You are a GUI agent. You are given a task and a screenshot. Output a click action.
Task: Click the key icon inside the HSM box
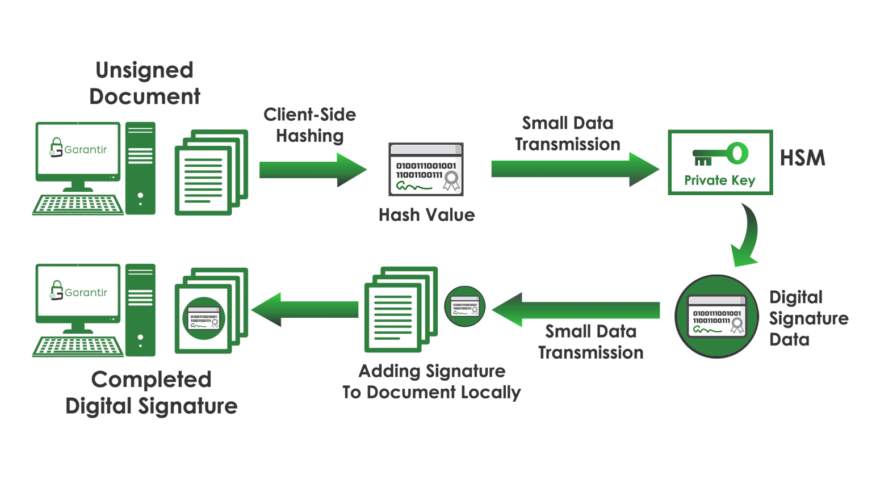[720, 153]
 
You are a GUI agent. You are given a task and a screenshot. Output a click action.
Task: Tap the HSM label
[802, 158]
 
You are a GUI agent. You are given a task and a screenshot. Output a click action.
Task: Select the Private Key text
[719, 180]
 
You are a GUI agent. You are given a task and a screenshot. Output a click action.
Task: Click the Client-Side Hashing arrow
[312, 169]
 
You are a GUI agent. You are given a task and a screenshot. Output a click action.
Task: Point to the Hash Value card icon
[426, 169]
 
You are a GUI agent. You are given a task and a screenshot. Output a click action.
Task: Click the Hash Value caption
[426, 215]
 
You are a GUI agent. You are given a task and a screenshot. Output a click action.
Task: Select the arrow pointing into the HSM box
[573, 169]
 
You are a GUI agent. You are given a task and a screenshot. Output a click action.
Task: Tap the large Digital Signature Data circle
[716, 317]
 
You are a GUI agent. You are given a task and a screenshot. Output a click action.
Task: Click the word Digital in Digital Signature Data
[795, 297]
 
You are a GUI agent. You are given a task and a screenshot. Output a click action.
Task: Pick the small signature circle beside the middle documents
[464, 306]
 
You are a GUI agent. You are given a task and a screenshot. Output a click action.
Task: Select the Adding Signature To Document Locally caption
[431, 381]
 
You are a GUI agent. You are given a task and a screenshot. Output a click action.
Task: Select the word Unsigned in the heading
[145, 70]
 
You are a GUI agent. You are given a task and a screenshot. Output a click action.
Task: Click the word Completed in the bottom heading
[151, 380]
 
